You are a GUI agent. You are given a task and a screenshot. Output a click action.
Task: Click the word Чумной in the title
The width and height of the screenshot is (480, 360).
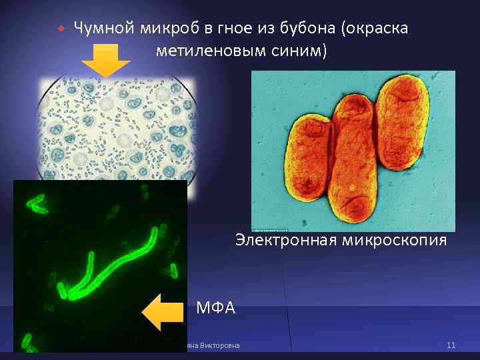click(x=105, y=29)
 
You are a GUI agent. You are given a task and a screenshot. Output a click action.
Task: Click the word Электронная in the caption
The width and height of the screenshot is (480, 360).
click(x=285, y=240)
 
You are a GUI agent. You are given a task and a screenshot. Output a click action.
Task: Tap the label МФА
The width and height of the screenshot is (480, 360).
click(x=216, y=308)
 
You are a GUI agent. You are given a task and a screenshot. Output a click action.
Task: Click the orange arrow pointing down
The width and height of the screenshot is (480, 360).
click(x=106, y=61)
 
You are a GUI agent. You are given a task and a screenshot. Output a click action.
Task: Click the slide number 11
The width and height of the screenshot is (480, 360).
click(x=451, y=345)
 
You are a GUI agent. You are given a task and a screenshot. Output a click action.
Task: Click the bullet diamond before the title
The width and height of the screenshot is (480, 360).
click(x=61, y=29)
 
